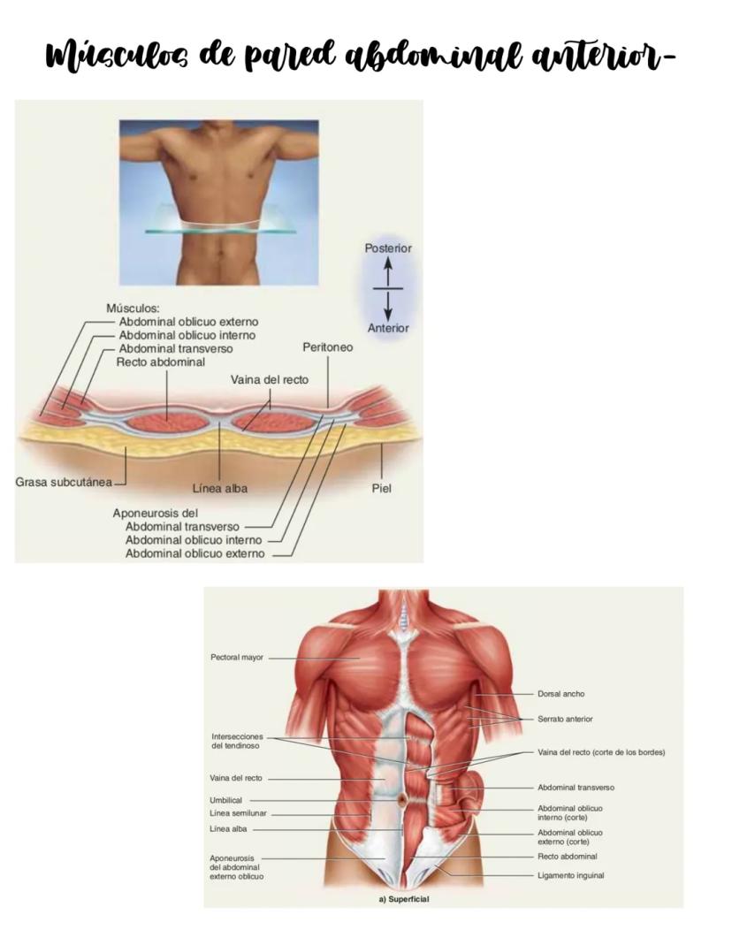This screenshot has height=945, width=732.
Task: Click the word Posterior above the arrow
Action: coord(388,248)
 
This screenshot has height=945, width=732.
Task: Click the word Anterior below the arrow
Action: coord(389,328)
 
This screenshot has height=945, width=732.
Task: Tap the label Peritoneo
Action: coord(327,347)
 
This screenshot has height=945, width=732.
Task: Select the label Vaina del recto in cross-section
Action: coord(270,379)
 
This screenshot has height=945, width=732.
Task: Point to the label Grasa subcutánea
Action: coord(58,483)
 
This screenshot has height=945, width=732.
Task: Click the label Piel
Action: coord(382,488)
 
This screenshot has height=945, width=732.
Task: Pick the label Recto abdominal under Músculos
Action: coord(161,362)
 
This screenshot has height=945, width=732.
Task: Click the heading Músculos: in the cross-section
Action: coord(133,309)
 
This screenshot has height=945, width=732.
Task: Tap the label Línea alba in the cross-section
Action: coord(219,488)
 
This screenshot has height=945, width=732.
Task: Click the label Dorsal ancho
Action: coord(560,694)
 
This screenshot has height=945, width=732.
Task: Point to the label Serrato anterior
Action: coord(565,719)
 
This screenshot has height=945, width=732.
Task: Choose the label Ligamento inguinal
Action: coord(571,875)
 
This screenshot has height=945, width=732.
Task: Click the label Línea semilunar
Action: coord(238,813)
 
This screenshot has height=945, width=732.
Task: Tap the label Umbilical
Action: coord(225,800)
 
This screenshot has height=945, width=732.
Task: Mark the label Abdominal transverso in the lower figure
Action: coord(576,787)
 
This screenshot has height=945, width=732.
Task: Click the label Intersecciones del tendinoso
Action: coord(236,741)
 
